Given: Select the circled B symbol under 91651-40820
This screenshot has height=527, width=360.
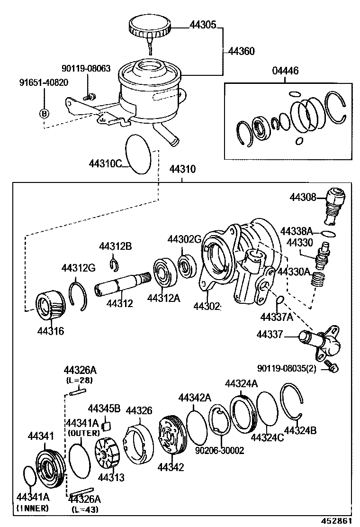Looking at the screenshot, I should tap(44, 113).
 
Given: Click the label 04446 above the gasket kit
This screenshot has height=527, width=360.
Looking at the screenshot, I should tap(285, 71).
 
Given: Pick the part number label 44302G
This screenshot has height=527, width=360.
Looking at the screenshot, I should tap(184, 240).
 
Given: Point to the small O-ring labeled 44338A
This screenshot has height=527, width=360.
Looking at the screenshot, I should tap(328, 233).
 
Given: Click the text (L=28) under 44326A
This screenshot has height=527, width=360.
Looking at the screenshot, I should tap(79, 380).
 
